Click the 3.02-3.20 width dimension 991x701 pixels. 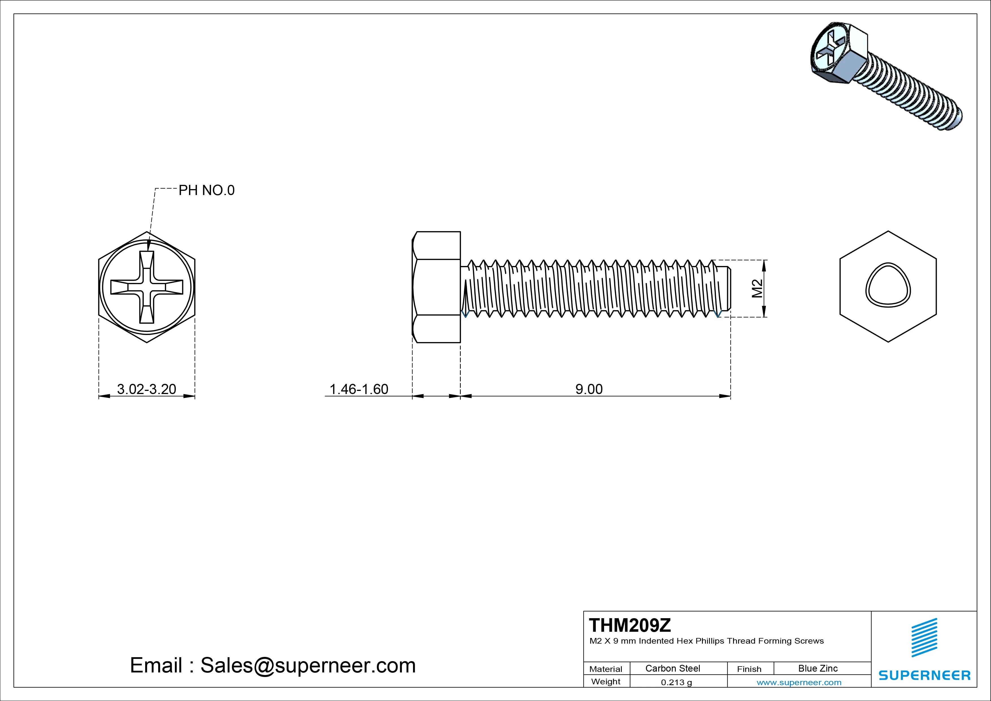146,389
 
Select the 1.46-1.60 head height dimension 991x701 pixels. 359,389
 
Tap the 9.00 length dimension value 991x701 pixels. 589,389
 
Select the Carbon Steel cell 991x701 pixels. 672,668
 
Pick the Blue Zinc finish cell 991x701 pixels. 818,668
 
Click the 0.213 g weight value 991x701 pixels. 676,682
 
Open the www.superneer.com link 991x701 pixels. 799,682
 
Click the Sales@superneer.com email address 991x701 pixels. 308,665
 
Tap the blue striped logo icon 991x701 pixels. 924,637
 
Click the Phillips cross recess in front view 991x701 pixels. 147,287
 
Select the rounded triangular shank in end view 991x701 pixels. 888,285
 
